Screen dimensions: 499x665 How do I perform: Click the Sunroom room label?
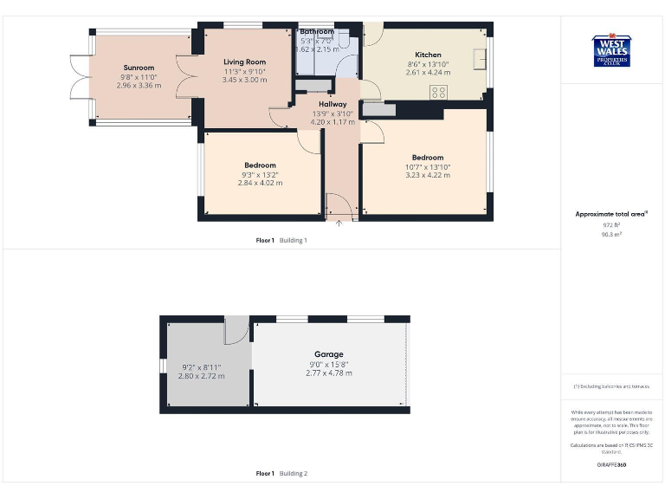(x=139, y=68)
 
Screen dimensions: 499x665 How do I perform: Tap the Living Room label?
(x=244, y=62)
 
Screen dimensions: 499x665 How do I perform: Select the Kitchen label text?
(x=428, y=55)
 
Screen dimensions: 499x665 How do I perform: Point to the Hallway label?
(x=332, y=104)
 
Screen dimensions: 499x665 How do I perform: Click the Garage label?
(x=329, y=354)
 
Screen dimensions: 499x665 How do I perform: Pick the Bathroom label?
(x=317, y=32)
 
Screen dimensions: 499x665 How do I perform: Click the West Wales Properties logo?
(x=613, y=49)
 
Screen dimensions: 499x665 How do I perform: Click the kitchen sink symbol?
(x=478, y=58)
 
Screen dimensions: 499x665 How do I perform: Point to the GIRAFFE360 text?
(x=612, y=465)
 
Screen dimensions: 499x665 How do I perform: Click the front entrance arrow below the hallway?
(x=339, y=224)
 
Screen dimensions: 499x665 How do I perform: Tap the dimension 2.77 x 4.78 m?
(x=329, y=373)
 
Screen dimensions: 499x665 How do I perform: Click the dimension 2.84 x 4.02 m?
(x=260, y=184)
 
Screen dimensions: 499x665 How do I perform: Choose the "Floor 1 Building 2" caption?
(x=281, y=474)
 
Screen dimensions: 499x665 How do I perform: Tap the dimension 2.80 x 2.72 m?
(x=203, y=376)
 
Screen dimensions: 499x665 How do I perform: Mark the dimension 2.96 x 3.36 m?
(x=139, y=86)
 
